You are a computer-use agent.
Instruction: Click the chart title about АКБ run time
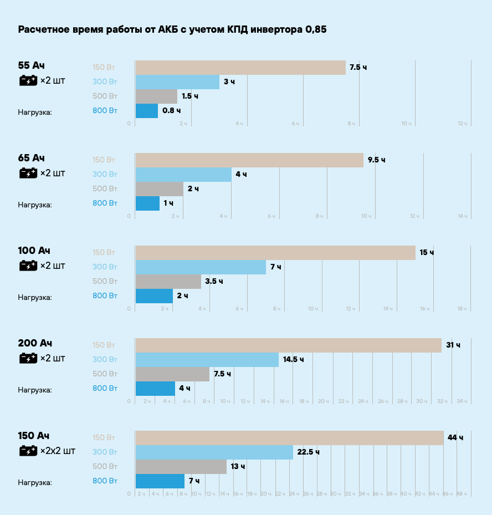click(x=172, y=29)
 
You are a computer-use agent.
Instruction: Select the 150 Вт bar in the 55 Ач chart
click(x=240, y=68)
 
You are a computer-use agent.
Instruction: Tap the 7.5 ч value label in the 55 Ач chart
click(x=358, y=68)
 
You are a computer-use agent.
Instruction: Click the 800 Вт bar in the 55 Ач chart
click(x=147, y=111)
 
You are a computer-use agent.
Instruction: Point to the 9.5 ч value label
click(x=376, y=160)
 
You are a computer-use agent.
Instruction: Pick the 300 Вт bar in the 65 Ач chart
click(x=183, y=175)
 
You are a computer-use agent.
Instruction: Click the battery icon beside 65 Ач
click(x=28, y=174)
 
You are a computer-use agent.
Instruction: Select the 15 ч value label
click(x=427, y=253)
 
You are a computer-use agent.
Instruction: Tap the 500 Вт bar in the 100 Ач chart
click(x=168, y=282)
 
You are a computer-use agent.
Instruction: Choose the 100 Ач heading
click(x=34, y=251)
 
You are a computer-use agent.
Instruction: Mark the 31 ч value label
click(x=453, y=345)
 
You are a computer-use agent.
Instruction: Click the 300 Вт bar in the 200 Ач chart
click(x=207, y=359)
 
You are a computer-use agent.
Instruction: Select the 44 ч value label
click(x=455, y=438)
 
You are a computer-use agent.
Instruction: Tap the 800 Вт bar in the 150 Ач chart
click(x=160, y=481)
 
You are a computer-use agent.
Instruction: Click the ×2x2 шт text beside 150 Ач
click(x=58, y=451)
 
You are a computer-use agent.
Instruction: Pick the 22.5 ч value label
click(x=308, y=452)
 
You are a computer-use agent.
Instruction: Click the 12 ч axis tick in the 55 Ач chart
click(x=463, y=124)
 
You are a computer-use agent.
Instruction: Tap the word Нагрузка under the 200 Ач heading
click(x=34, y=390)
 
